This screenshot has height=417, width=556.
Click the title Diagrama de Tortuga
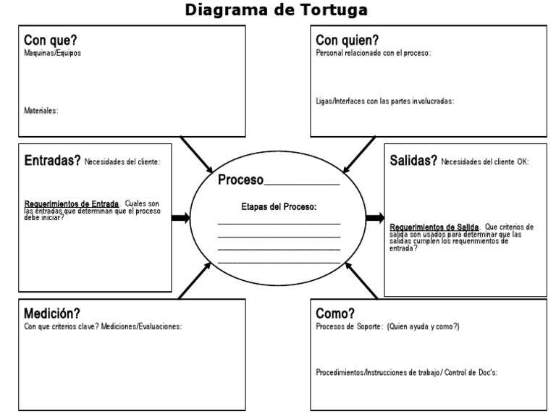(x=276, y=10)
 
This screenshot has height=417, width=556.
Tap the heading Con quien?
(x=347, y=41)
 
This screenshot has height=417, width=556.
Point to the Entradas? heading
(x=52, y=161)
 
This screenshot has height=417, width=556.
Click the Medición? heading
(x=51, y=314)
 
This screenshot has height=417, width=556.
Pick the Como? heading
(x=335, y=314)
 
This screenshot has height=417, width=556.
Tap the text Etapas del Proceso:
(x=279, y=206)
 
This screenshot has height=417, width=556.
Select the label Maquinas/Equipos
(x=53, y=53)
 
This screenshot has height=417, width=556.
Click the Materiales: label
(x=41, y=111)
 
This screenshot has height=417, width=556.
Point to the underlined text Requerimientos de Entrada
(x=72, y=204)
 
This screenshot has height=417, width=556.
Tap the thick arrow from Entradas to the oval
(x=180, y=217)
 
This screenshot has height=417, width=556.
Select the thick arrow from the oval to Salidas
(x=375, y=217)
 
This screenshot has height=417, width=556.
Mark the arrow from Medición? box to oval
(x=193, y=282)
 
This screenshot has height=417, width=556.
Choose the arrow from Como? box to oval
(x=361, y=281)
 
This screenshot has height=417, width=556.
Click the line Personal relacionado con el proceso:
(x=374, y=53)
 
